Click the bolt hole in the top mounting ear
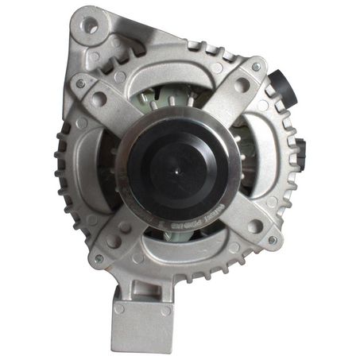tap(91, 25)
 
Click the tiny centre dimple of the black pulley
tap(178, 164)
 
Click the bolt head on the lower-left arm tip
tap(99, 258)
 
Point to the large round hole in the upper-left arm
tap(100, 99)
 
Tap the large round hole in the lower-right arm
tap(255, 226)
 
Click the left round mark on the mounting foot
tap(119, 308)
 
